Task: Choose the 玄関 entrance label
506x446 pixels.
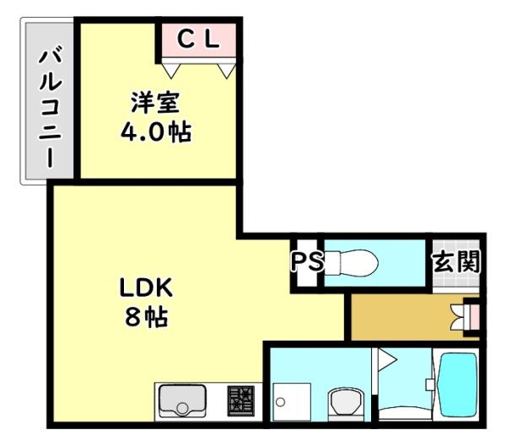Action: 455,261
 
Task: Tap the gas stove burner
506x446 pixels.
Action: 240,403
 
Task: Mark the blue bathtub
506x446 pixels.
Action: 456,385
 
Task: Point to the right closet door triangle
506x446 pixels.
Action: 225,69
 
